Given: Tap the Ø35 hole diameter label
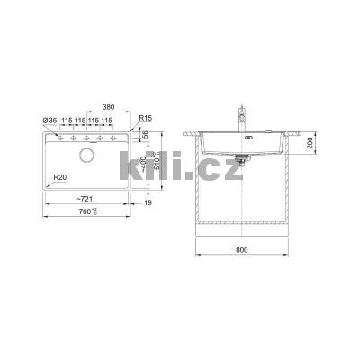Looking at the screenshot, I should coord(49,121).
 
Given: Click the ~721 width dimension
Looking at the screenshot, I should coord(85,196).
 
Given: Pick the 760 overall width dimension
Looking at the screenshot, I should coord(87,212).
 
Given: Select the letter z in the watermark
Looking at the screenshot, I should coord(230,168).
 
